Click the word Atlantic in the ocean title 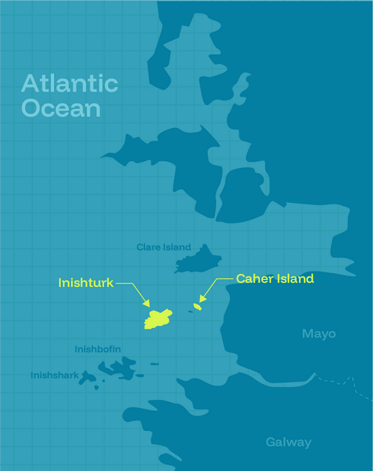[x=69, y=84]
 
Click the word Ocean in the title [x=61, y=108]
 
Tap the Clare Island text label [x=164, y=247]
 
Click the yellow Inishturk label [x=86, y=283]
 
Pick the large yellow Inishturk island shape [x=158, y=319]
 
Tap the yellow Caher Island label [x=274, y=279]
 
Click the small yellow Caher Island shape [x=198, y=307]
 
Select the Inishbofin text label [x=98, y=349]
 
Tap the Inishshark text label [x=55, y=376]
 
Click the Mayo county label [x=318, y=334]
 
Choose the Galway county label [x=288, y=442]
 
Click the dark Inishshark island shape [x=88, y=378]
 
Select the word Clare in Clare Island [x=148, y=247]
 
